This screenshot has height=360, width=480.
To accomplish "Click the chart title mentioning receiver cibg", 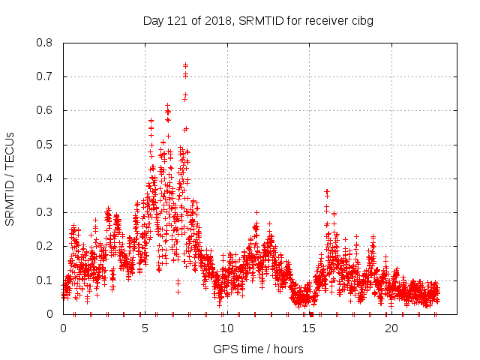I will (258, 20).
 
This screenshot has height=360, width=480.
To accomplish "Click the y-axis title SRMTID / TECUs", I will (10, 178).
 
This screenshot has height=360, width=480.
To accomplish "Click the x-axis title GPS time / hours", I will (258, 349).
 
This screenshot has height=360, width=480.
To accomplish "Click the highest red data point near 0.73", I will (185, 65).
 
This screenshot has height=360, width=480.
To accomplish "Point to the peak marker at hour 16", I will (326, 191).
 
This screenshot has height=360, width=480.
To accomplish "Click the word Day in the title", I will (154, 20).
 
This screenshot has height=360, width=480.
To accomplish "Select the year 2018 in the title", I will (215, 20).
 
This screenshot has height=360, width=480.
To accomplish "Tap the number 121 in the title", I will (177, 20).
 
